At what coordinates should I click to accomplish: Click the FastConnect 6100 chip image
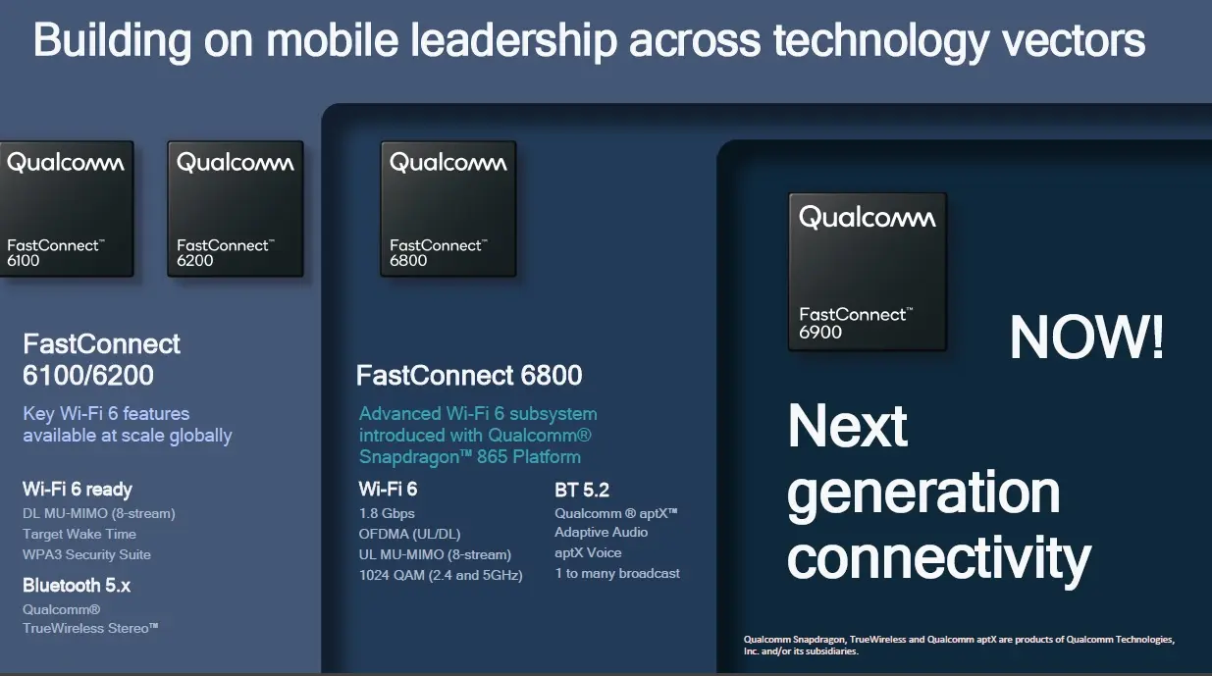coord(67,209)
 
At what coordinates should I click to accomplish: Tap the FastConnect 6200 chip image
coord(236,209)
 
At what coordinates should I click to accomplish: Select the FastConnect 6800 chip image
coord(448,209)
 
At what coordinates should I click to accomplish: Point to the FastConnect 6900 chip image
coord(868,272)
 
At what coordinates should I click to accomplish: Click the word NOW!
coord(1086,338)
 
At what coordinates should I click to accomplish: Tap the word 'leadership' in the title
coord(513,39)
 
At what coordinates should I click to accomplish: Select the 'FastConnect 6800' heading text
coord(469,375)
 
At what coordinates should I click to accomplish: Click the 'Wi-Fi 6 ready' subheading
coord(78,490)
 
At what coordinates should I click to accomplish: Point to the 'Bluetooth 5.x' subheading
coord(77,585)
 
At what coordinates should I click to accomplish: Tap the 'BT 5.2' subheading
coord(582,490)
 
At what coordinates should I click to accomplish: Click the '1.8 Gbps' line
coord(387,513)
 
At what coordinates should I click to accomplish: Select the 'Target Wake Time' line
coord(79,534)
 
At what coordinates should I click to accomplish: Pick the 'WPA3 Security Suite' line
coord(86,554)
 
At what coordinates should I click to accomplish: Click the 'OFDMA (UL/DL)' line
coord(409,535)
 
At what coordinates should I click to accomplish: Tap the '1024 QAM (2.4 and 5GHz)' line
coord(441,575)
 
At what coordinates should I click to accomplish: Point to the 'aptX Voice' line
coord(588,552)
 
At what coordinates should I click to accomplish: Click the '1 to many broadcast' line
coord(617,573)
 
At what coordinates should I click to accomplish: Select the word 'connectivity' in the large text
coord(939,559)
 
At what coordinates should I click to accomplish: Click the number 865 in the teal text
coord(492,457)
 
